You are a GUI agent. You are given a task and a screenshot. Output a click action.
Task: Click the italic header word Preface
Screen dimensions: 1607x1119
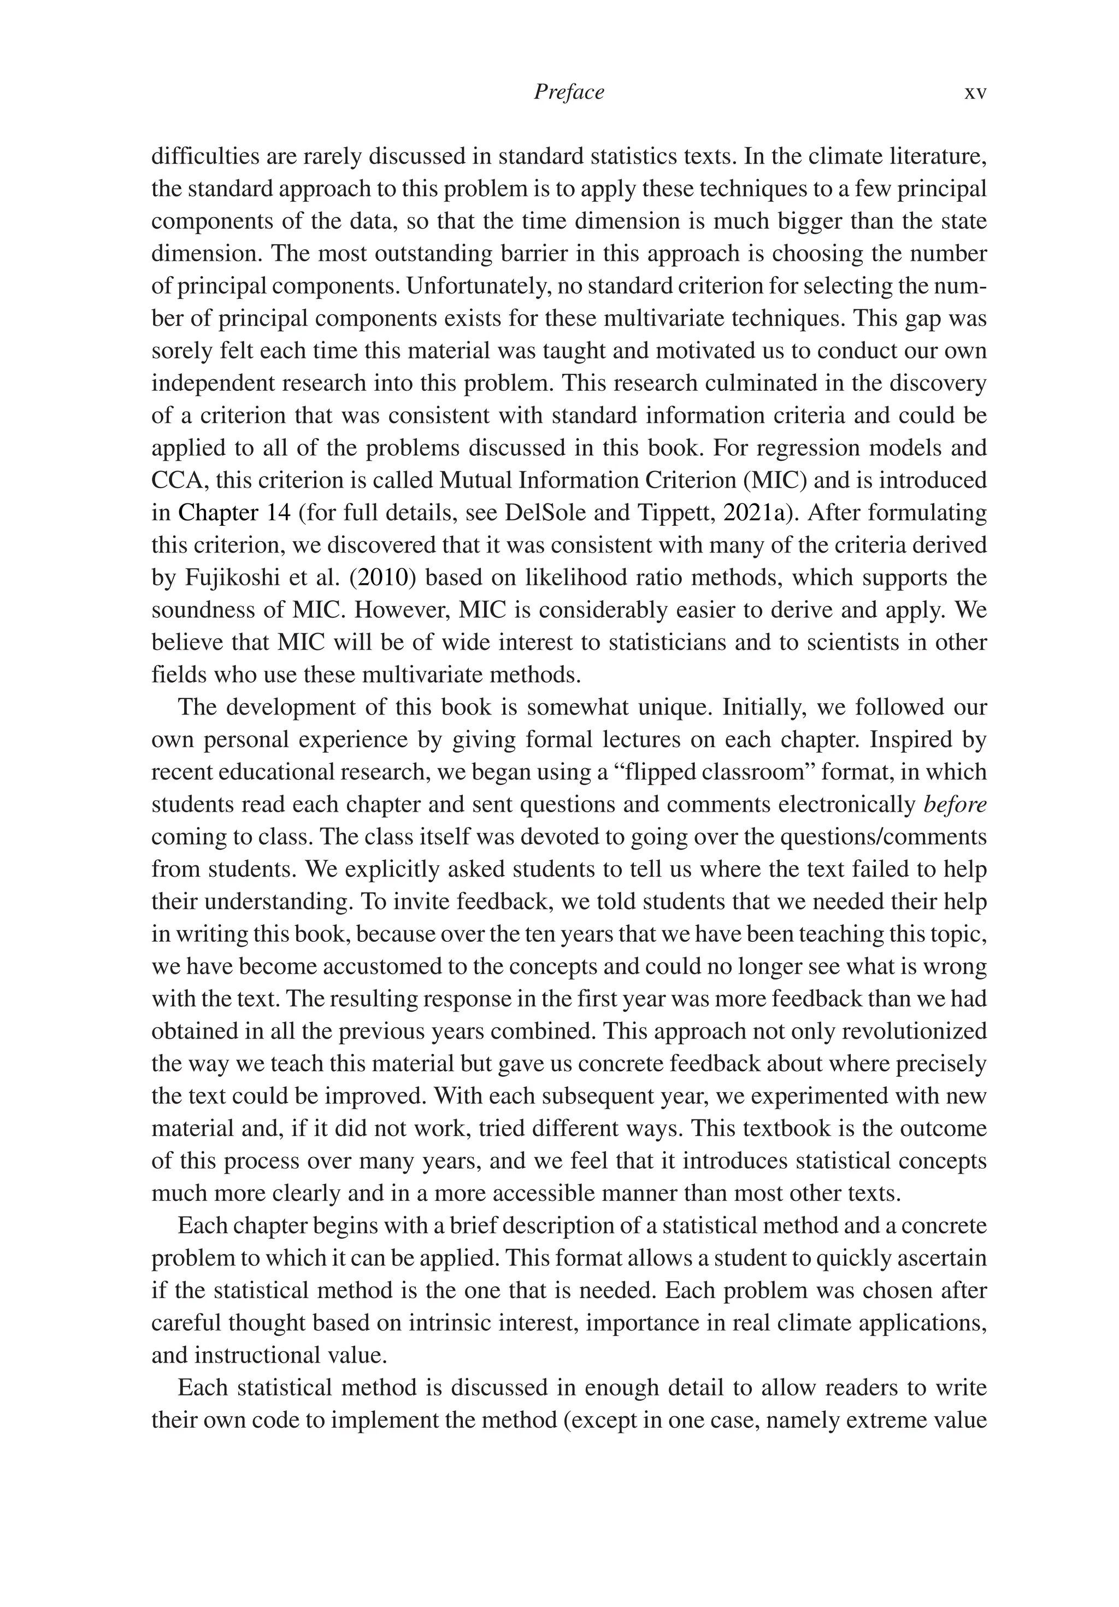coord(568,92)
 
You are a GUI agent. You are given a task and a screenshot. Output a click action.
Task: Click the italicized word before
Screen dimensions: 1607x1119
coord(955,804)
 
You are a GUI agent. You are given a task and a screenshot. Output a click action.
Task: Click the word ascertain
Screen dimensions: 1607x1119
coord(935,1258)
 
